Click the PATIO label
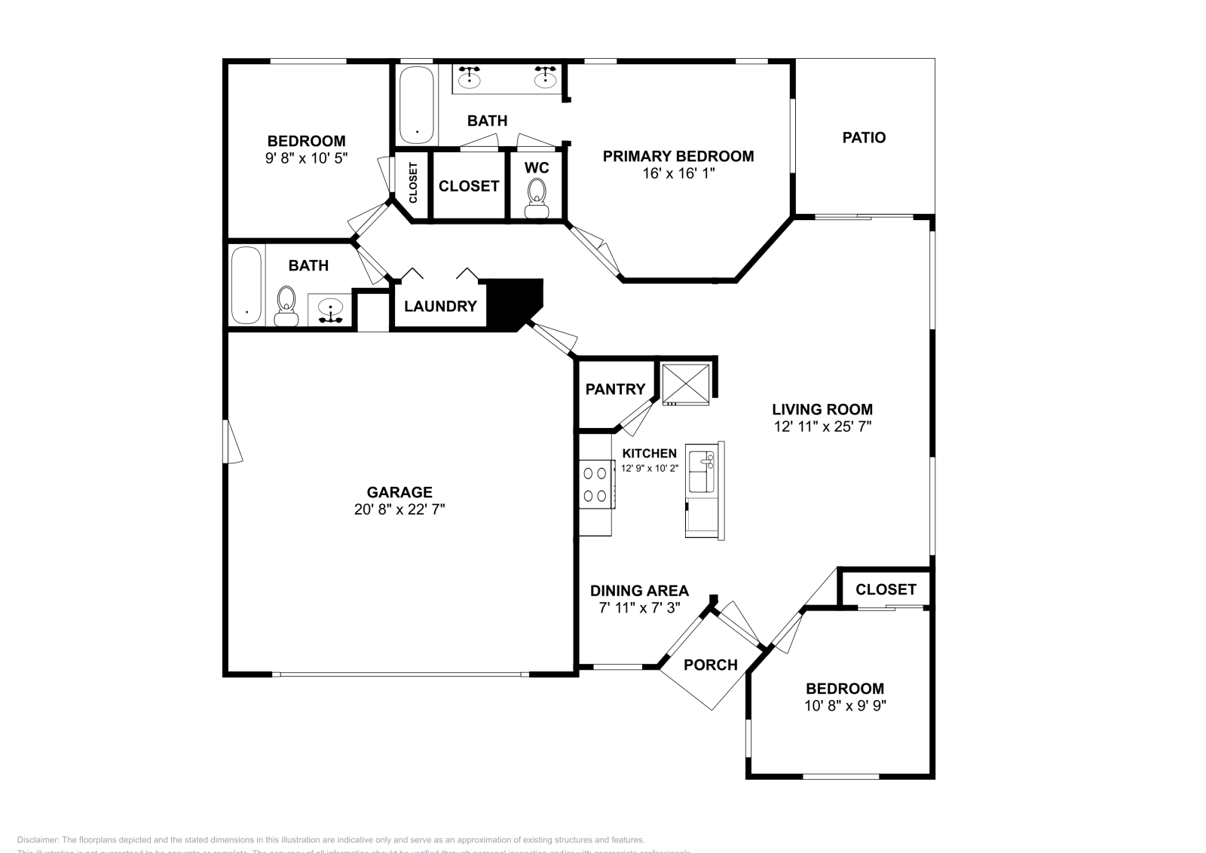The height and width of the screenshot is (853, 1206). coord(864,138)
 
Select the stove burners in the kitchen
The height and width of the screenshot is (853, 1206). coord(595,485)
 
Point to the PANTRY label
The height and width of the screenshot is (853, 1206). coord(615,390)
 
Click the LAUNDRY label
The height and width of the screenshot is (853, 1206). coord(440,307)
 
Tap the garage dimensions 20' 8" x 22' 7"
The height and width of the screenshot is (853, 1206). coord(399,509)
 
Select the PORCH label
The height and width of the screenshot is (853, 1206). coord(710,665)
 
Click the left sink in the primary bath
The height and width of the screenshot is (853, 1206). coord(471,77)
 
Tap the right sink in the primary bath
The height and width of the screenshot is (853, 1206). coord(545,77)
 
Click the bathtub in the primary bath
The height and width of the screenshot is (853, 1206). coord(416,105)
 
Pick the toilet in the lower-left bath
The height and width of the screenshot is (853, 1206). coord(286,305)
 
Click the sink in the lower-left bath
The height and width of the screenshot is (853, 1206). coord(331,309)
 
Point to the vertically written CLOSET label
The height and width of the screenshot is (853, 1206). coord(413,183)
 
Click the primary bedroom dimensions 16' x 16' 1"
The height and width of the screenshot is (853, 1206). coord(678,173)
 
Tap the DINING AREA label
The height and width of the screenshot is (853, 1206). coord(639,591)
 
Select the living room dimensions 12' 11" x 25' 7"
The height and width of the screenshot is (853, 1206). coord(822,426)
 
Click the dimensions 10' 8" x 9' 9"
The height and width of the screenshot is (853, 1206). coord(844,706)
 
